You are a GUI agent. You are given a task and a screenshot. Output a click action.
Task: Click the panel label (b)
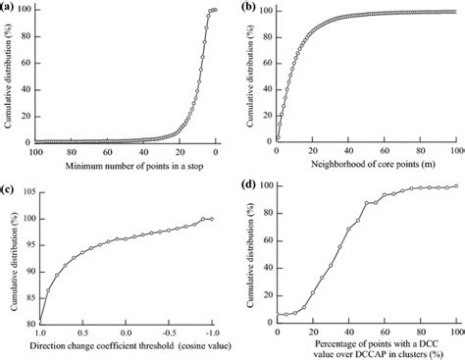coord(250,7)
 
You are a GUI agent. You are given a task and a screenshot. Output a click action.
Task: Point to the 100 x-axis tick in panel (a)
coord(37,152)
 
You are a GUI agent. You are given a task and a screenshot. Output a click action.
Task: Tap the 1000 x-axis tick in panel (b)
coord(455,152)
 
